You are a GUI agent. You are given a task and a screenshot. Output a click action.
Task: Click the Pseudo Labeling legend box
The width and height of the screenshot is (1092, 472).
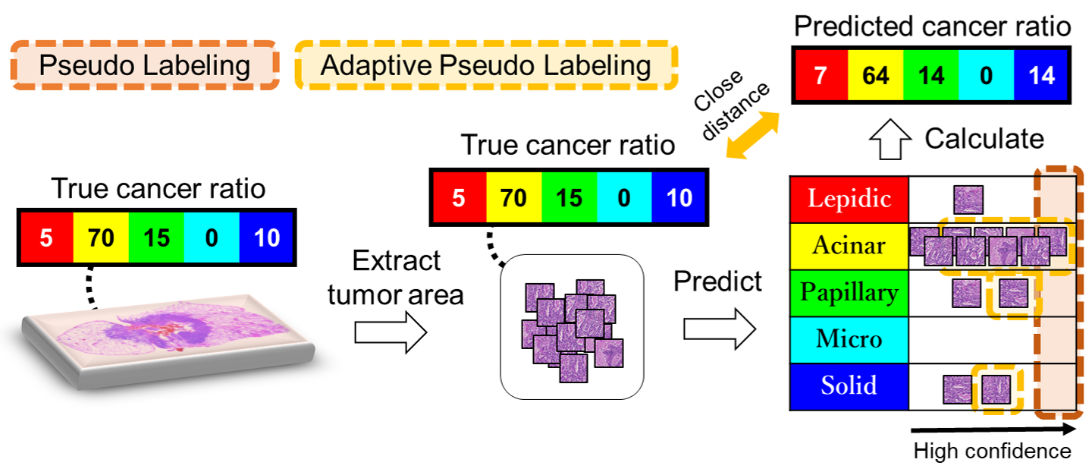coord(144,65)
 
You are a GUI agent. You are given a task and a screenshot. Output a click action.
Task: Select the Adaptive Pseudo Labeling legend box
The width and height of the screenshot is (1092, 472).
coord(486,65)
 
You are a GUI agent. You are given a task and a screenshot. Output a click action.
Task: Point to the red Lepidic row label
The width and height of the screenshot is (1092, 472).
coord(849,200)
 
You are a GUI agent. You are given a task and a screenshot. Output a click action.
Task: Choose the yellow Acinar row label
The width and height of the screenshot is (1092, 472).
coord(849,246)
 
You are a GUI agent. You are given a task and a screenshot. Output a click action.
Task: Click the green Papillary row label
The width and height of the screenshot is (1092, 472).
coord(849,293)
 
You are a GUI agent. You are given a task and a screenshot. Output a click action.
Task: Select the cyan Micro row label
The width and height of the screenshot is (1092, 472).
coord(849,339)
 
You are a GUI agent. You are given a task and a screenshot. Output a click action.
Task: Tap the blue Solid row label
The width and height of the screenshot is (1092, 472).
coord(849,386)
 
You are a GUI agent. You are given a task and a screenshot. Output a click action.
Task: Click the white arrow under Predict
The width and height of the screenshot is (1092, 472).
coord(720,330)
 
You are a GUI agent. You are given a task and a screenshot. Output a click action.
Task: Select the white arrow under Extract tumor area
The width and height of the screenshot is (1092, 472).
coord(391,332)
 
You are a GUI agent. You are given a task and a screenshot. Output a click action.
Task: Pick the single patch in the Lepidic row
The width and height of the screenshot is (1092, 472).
coord(968,200)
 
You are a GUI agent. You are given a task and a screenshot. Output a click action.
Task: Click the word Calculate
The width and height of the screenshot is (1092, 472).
coord(984,139)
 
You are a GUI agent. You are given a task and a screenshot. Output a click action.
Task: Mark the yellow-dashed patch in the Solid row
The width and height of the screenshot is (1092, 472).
coord(996,389)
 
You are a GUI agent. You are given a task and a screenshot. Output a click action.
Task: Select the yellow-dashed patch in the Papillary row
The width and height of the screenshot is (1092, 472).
coord(1014,293)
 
